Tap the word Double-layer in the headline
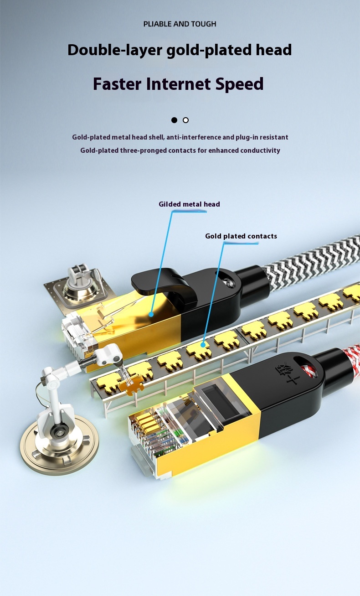[x=115, y=50]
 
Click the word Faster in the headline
[x=117, y=84]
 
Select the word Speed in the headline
[x=239, y=84]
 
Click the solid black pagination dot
[x=174, y=120]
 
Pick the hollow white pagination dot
[x=185, y=120]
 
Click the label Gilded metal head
[x=189, y=204]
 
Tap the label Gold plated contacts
[x=241, y=236]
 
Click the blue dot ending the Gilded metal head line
[x=151, y=314]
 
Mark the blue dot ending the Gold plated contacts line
[x=203, y=345]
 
